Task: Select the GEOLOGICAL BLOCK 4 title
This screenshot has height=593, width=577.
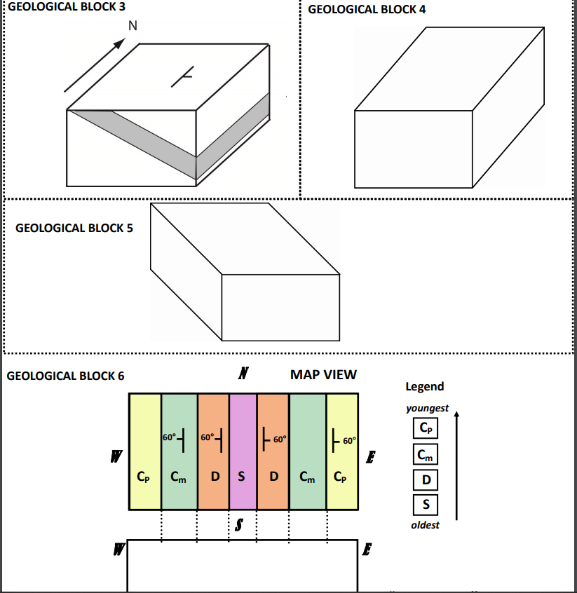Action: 367,9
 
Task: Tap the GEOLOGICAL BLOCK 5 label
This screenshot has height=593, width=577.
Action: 74,228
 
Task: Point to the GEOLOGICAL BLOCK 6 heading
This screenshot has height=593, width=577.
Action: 65,376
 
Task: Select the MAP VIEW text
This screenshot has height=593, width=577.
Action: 323,374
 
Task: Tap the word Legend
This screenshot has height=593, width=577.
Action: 424,386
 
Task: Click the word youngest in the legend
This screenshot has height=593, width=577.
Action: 427,408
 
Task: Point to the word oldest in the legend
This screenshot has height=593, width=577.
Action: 425,525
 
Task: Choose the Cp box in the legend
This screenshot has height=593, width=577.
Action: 426,428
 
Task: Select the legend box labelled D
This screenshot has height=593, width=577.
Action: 426,479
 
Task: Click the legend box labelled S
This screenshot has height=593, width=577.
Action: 426,504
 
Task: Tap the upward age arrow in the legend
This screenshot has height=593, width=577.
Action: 456,466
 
